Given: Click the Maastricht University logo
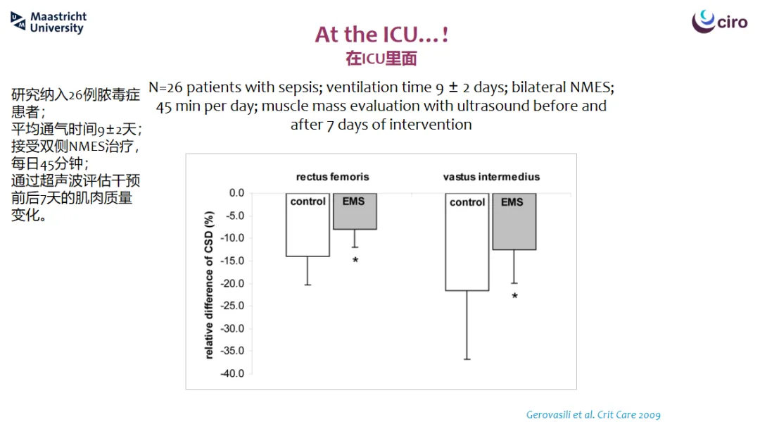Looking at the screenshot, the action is (x=48, y=23).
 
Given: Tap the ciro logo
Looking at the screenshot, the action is (x=719, y=21).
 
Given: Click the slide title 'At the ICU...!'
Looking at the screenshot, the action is (x=381, y=35).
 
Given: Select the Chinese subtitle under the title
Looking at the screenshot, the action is (x=381, y=58).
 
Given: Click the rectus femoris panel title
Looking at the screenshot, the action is (x=332, y=177).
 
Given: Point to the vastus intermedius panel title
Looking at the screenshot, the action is (x=491, y=177).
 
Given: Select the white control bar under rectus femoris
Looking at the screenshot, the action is (x=308, y=225).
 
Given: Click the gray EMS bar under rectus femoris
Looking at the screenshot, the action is (x=355, y=211).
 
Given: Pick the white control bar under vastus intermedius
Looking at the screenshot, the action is (x=467, y=242).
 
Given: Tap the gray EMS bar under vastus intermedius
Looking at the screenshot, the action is (x=514, y=222).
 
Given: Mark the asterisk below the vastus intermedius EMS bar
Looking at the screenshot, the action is (x=514, y=296).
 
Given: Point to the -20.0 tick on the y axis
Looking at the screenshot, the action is (x=233, y=283).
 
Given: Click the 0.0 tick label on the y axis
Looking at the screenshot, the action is (x=236, y=193).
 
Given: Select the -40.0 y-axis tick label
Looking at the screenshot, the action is (x=233, y=373).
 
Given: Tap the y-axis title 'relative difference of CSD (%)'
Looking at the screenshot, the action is (x=209, y=285).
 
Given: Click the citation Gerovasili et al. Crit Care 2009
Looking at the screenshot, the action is (x=593, y=415).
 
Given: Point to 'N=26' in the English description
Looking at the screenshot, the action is (x=165, y=87).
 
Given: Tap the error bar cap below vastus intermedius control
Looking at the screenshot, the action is (x=467, y=359).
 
